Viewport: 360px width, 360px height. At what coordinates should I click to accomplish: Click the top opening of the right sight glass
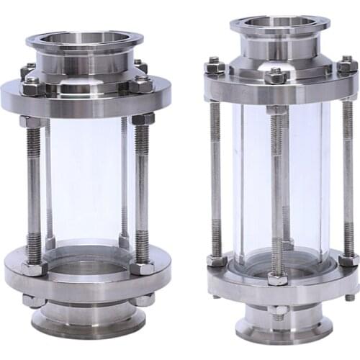coord(280,22)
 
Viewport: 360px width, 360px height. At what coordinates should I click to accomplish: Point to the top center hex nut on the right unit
coord(276,75)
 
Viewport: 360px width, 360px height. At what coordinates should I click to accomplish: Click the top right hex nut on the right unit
coord(346,66)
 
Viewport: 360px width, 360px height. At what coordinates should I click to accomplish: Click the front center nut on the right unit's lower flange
coord(277,276)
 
